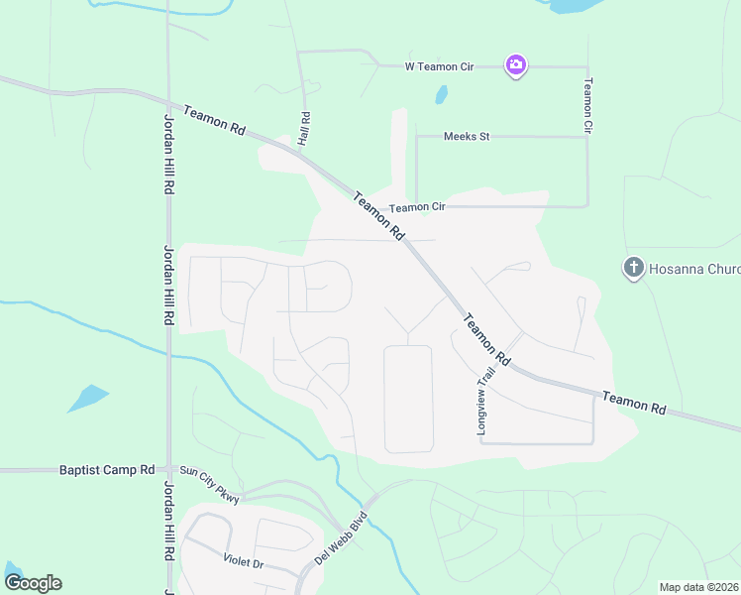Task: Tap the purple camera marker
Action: click(515, 65)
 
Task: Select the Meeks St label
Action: click(467, 136)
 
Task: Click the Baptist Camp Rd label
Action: click(107, 469)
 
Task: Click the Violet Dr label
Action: click(243, 561)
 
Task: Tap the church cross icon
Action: click(633, 268)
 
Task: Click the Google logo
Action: click(33, 582)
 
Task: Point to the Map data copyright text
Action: click(697, 587)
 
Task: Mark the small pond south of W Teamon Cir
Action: click(441, 95)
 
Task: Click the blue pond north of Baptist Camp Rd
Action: click(88, 397)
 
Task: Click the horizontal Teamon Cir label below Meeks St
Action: click(417, 207)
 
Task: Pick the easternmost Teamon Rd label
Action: click(634, 402)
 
